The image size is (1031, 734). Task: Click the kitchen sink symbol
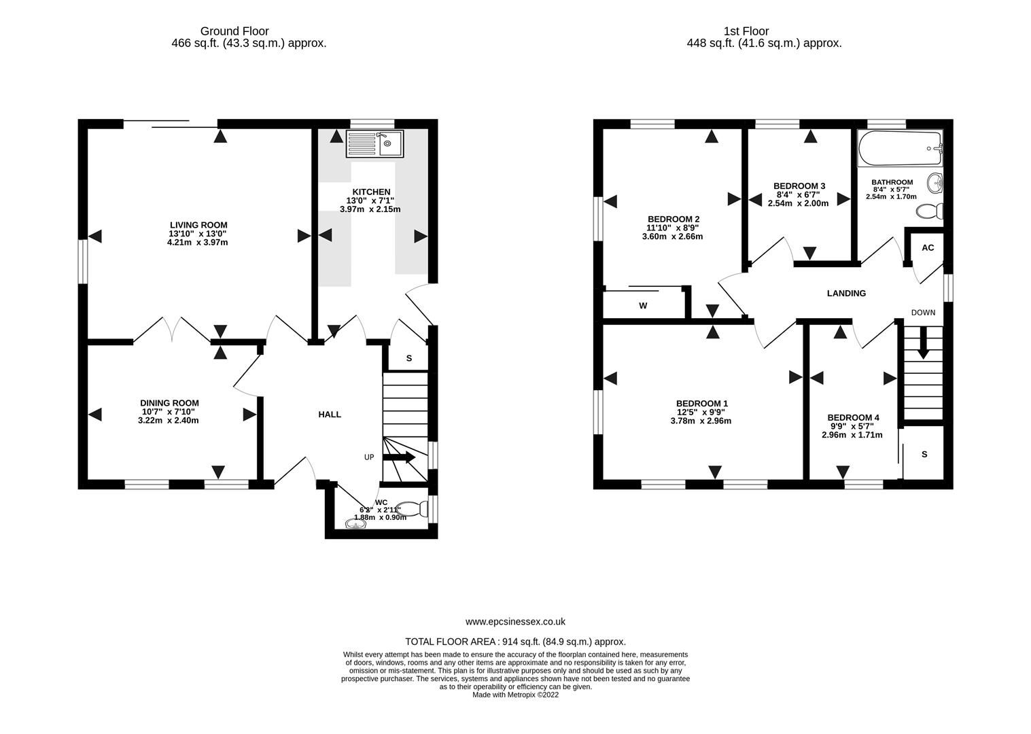[x=374, y=145]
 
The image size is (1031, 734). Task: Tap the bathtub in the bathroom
[x=900, y=149]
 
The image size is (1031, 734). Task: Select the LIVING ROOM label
[x=198, y=225]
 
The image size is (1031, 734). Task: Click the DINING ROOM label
[x=169, y=403]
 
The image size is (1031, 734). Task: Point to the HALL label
[x=330, y=415]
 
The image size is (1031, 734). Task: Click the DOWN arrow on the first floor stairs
[x=922, y=343]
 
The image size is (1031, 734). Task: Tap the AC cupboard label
[x=928, y=248]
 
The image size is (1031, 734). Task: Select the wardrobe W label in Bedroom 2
[x=642, y=306]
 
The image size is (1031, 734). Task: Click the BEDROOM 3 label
[x=799, y=186]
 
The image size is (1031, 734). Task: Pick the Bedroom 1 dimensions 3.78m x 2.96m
[x=702, y=421]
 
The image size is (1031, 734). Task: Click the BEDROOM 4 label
[x=853, y=417]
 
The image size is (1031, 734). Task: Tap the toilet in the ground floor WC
[x=423, y=508]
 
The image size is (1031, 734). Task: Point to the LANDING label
[x=846, y=294]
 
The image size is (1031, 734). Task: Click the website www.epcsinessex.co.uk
[x=515, y=621]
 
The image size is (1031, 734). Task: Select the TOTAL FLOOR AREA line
[x=515, y=642]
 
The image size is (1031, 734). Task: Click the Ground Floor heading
[x=234, y=31]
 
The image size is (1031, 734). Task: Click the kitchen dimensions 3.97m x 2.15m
[x=370, y=209]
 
